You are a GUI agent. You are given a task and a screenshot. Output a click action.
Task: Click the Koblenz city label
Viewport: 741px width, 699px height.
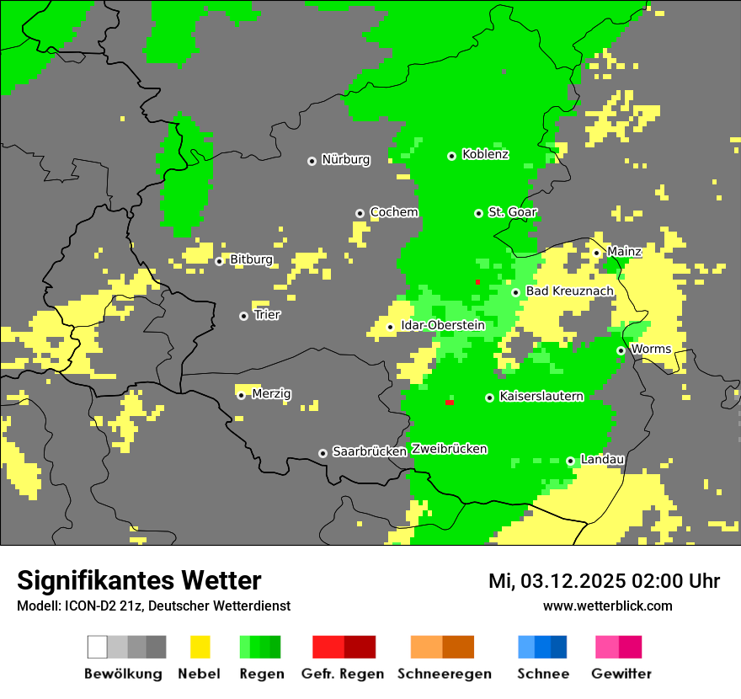(x=485, y=154)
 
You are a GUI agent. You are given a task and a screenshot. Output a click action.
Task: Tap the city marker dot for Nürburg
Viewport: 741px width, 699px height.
(x=312, y=161)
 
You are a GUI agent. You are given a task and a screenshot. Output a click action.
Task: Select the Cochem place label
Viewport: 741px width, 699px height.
(x=393, y=212)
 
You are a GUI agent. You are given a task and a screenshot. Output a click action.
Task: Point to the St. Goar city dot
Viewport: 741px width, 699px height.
(x=478, y=213)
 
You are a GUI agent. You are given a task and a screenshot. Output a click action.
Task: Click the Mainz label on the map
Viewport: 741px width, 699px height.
(x=624, y=251)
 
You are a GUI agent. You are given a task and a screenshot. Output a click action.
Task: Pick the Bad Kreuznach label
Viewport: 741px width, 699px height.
(x=569, y=291)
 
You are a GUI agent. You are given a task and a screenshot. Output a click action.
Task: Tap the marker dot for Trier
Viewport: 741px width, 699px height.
(x=244, y=316)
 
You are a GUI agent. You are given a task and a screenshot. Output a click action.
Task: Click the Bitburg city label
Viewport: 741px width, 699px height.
(x=251, y=259)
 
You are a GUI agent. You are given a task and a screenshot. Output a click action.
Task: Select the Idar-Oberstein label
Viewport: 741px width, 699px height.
(x=444, y=325)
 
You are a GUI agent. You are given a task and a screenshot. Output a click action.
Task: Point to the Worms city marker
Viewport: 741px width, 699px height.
(x=621, y=350)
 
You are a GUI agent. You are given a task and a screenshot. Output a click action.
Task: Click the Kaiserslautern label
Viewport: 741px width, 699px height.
(x=541, y=396)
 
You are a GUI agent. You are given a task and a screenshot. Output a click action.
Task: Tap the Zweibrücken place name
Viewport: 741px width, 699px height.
(x=449, y=449)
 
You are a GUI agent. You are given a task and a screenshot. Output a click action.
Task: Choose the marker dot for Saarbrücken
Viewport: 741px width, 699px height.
(x=323, y=453)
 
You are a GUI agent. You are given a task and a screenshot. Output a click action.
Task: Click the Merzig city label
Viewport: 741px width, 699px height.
(x=271, y=393)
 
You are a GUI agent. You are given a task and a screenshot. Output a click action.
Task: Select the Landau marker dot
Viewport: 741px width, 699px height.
(x=570, y=461)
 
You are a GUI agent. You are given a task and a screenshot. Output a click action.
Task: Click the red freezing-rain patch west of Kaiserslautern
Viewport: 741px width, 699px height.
(x=450, y=403)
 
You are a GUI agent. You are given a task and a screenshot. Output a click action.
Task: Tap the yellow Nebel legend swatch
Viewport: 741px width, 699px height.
(x=200, y=647)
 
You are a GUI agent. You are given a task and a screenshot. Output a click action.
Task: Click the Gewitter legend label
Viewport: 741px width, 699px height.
(x=621, y=674)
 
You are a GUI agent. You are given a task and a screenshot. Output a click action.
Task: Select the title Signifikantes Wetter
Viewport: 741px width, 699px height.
(x=139, y=581)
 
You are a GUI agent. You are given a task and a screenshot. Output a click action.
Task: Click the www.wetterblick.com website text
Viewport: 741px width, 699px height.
(x=607, y=606)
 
